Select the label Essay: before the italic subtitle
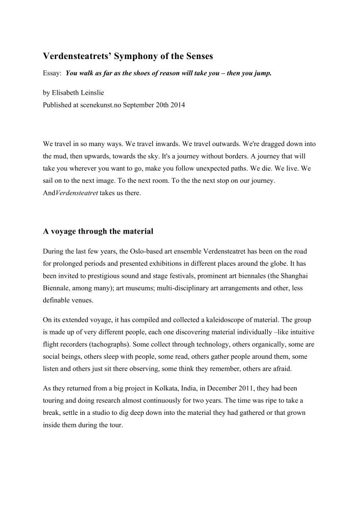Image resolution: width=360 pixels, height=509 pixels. point(52,73)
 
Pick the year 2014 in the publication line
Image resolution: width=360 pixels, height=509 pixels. point(176,105)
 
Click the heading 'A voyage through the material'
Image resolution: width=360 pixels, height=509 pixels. point(98,231)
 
